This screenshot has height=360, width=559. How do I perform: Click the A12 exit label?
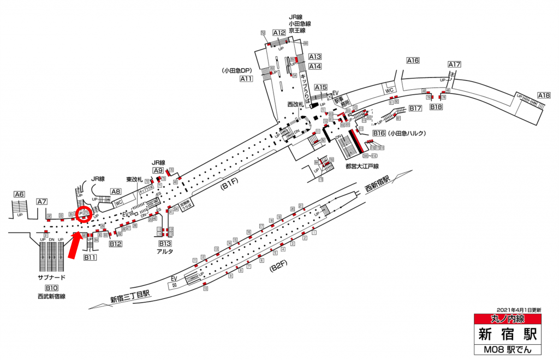pos(279,33)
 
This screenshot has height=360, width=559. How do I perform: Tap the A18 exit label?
pos(544,95)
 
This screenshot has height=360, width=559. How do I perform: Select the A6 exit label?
pos(20,194)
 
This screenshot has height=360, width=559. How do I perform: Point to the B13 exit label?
pos(165,243)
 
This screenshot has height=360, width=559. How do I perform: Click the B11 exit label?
pos(90,257)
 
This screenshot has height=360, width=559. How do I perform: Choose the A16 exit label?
pos(413,61)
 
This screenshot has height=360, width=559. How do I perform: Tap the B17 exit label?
pos(416,108)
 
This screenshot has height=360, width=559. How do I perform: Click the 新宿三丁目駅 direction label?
pos(130,297)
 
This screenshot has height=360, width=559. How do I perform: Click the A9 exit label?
pos(158,171)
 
